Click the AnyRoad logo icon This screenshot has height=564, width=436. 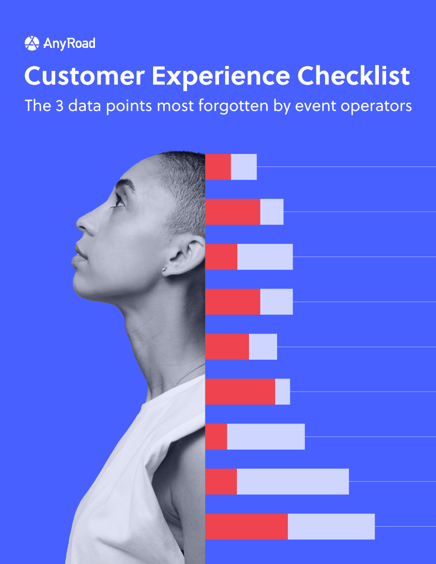click(x=31, y=44)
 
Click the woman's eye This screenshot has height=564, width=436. click(x=118, y=200)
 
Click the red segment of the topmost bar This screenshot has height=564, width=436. click(x=218, y=167)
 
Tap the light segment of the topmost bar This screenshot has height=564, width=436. click(x=244, y=167)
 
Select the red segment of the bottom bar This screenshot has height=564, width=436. click(x=246, y=526)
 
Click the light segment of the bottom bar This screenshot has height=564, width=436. click(x=331, y=526)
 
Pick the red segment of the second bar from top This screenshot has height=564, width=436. click(x=233, y=212)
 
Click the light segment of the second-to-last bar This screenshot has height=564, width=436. click(x=293, y=481)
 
